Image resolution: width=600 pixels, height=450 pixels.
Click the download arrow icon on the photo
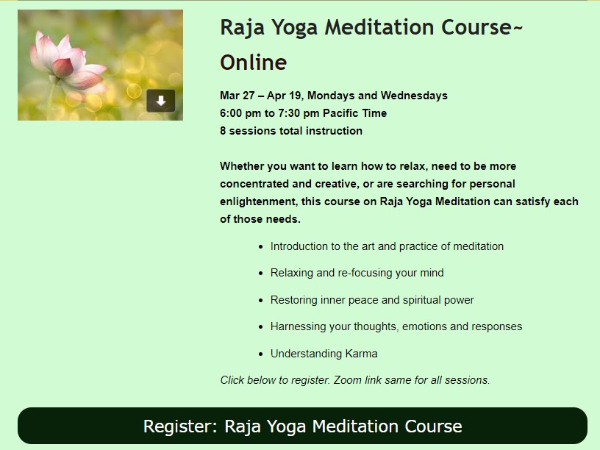[x=161, y=101]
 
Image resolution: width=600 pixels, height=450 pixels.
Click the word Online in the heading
[x=254, y=63]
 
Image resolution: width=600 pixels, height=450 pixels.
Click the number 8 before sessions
[x=223, y=131]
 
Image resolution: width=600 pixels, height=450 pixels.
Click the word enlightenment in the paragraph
[x=258, y=201]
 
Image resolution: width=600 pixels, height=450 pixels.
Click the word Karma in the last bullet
[x=361, y=354]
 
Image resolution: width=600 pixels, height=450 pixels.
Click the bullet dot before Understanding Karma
[x=261, y=354]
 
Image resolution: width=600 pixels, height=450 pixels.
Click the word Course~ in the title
[x=482, y=27]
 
